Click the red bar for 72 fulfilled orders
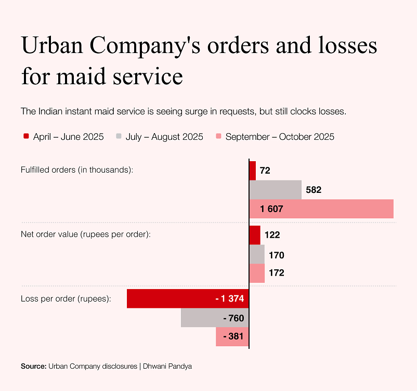[253, 171]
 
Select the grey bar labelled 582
[276, 190]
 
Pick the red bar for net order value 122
[255, 234]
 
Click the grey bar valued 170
[257, 254]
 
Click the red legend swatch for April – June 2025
[26, 136]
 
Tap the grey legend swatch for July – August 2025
[119, 136]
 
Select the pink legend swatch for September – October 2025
[218, 136]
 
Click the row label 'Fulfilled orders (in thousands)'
[77, 170]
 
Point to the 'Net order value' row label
[85, 234]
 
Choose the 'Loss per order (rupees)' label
[66, 299]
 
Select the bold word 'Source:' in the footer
[33, 366]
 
